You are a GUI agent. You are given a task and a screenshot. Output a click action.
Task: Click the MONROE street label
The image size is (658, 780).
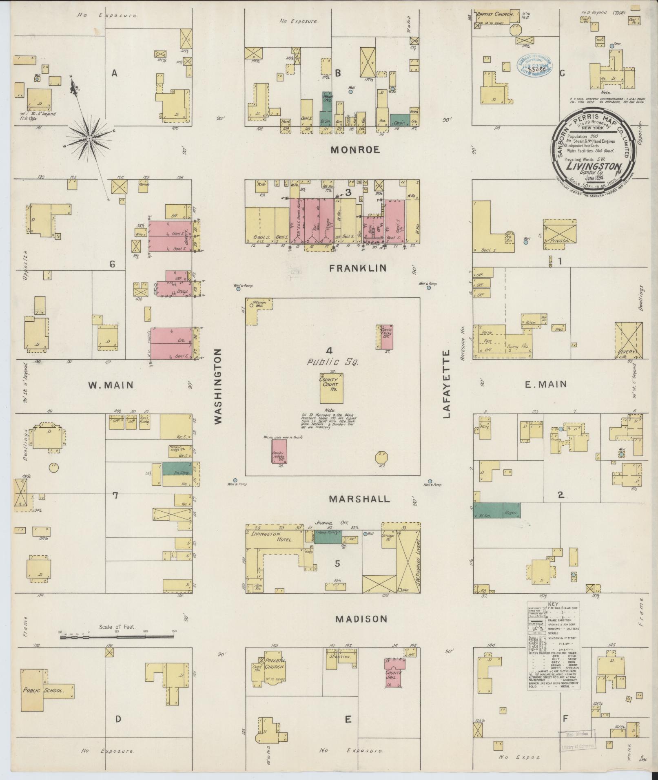point(355,150)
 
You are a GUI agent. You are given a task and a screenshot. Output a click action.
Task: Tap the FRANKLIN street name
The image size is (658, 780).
point(358,268)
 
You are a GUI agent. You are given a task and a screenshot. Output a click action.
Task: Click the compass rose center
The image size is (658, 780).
point(89,139)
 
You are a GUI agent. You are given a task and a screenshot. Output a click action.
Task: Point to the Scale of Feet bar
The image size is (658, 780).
point(117,647)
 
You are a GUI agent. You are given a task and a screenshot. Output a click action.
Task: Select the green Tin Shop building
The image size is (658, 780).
point(177,468)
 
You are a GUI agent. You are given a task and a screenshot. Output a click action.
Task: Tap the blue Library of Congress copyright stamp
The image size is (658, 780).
point(535,66)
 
